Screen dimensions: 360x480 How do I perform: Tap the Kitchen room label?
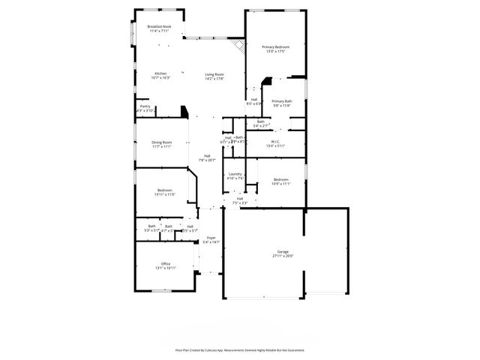(161, 73)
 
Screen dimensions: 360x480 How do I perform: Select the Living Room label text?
(215, 73)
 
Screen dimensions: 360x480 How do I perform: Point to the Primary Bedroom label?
(275, 46)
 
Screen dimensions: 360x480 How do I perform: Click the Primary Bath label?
(282, 101)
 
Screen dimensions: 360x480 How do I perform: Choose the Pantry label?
(145, 106)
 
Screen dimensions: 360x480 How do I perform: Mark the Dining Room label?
(162, 142)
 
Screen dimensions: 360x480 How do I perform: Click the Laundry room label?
(235, 174)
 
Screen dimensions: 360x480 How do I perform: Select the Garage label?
(283, 251)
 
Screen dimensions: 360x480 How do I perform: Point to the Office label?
(166, 263)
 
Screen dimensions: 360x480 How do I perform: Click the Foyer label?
(211, 238)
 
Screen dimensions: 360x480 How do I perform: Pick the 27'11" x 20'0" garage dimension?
(283, 256)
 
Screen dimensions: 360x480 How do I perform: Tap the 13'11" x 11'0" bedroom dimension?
(164, 194)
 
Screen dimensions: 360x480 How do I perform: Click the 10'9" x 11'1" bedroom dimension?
(281, 183)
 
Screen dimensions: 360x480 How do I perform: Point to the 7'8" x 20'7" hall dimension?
(207, 160)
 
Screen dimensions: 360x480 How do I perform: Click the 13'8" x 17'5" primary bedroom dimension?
(275, 51)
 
